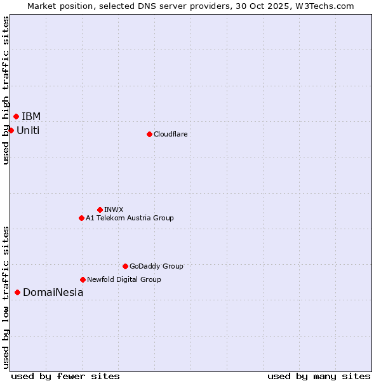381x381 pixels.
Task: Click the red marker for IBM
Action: pyautogui.click(x=16, y=116)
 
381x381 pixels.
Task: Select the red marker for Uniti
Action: pyautogui.click(x=11, y=130)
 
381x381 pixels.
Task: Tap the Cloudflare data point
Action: pyautogui.click(x=149, y=134)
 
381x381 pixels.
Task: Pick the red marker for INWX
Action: pyautogui.click(x=100, y=210)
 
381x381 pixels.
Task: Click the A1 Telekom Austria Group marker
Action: pyautogui.click(x=81, y=218)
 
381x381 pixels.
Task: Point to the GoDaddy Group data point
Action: pyautogui.click(x=125, y=266)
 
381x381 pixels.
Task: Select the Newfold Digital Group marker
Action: pyautogui.click(x=83, y=279)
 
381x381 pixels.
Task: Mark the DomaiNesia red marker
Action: pyautogui.click(x=17, y=292)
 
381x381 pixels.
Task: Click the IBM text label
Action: pyautogui.click(x=31, y=116)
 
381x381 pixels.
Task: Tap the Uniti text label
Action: pyautogui.click(x=28, y=130)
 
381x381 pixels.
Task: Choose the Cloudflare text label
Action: pyautogui.click(x=170, y=134)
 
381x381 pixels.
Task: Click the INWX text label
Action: pyautogui.click(x=114, y=210)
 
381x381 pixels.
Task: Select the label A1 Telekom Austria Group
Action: pyautogui.click(x=130, y=218)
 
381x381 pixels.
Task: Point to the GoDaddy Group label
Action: pyautogui.click(x=156, y=266)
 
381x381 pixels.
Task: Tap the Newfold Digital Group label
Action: pyautogui.click(x=124, y=279)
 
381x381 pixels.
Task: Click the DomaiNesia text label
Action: pyautogui.click(x=53, y=292)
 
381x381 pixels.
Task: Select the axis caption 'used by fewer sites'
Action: pyautogui.click(x=65, y=376)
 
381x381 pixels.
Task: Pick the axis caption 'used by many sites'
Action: pyautogui.click(x=319, y=376)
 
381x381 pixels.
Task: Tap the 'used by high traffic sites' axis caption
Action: pyautogui.click(x=6, y=90)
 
